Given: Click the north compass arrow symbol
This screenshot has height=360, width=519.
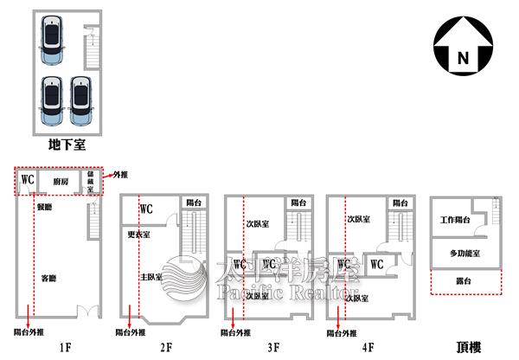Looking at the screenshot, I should coord(462,48).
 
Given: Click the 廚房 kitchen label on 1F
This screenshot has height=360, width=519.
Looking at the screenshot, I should coord(61,182).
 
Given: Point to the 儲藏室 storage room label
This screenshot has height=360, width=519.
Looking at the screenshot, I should coord(90,183).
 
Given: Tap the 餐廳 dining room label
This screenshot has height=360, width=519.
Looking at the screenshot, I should coord(45,208).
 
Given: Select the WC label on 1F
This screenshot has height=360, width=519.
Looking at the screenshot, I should coord(27,180).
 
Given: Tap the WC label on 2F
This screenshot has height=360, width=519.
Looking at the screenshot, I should coord(146,209).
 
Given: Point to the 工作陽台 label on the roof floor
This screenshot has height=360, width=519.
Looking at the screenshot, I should coord(454,221).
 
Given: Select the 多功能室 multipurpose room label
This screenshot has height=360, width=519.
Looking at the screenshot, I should coord(465,253).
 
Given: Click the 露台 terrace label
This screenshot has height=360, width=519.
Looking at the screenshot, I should coord(465,282).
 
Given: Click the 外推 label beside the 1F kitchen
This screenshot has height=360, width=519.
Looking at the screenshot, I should coord(119,174).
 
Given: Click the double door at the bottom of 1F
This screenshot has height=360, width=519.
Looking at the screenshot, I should coord(86,312).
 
